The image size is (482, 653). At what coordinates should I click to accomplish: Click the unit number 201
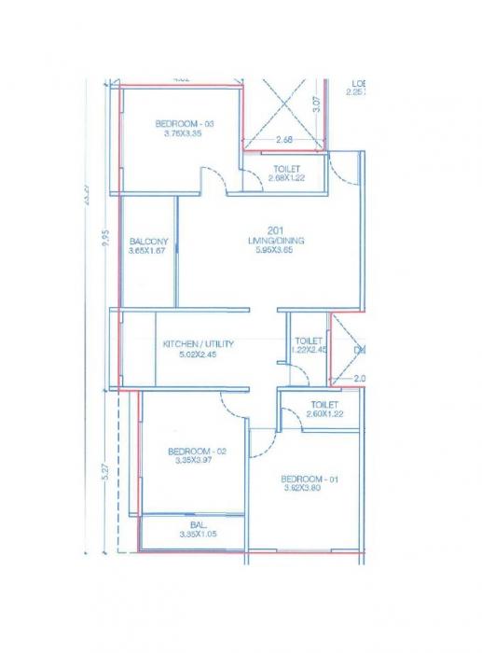[x=275, y=230]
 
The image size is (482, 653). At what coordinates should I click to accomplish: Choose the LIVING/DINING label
[x=277, y=241]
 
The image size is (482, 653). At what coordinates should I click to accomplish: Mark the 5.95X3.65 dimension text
[x=277, y=250]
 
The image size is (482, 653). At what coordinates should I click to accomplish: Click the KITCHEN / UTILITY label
[x=199, y=344]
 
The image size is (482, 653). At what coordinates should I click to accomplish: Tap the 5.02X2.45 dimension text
[x=199, y=354]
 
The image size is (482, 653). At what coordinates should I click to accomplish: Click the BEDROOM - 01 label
[x=309, y=479]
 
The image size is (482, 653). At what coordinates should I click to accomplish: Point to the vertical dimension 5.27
[x=106, y=473]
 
